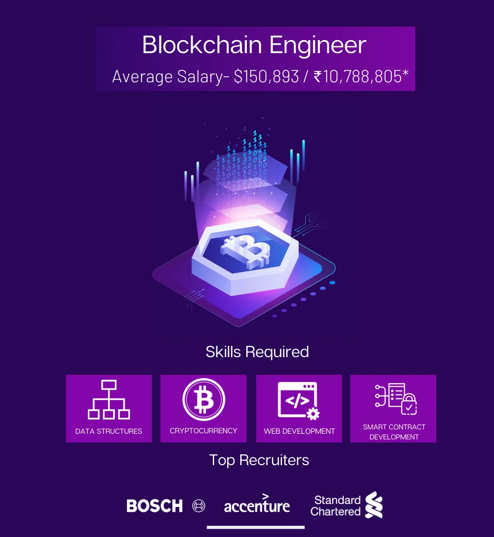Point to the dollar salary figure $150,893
[x=266, y=77]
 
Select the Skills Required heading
[x=257, y=352]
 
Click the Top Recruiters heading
[x=259, y=460]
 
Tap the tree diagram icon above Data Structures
[x=109, y=399]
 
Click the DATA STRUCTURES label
[x=109, y=431]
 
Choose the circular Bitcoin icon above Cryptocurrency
[x=203, y=399]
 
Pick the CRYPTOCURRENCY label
[x=203, y=431]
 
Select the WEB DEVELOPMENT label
[x=299, y=431]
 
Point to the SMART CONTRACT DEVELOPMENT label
[x=394, y=432]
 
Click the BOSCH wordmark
[x=155, y=506]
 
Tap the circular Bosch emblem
[x=199, y=506]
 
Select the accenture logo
[x=257, y=505]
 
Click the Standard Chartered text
[x=336, y=506]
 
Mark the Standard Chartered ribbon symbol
[x=374, y=505]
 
